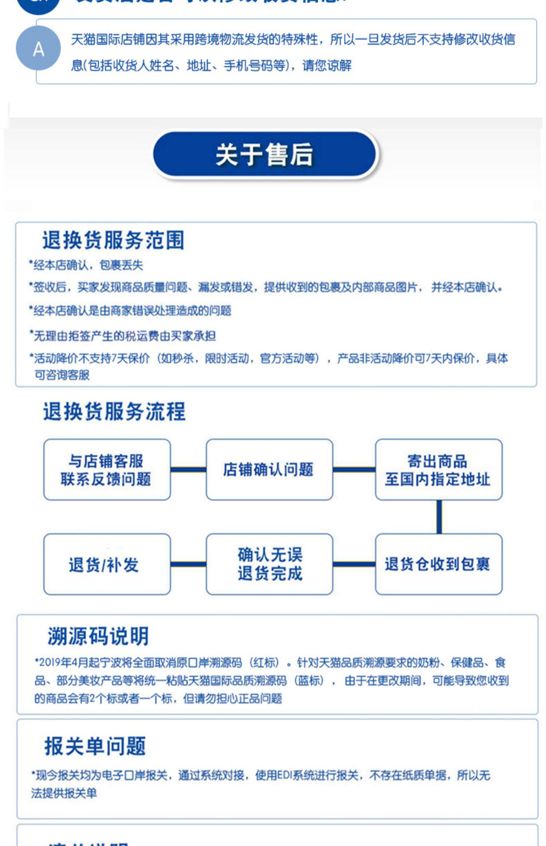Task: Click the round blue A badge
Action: (x=38, y=48)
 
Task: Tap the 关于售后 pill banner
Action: (x=265, y=155)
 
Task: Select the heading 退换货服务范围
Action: (x=113, y=240)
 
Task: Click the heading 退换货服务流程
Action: (x=114, y=412)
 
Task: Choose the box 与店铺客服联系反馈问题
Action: (x=107, y=470)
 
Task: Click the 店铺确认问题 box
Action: (x=269, y=470)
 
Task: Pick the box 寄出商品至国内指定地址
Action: (x=438, y=470)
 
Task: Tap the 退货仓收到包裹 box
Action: (x=438, y=564)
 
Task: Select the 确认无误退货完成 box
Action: (x=269, y=564)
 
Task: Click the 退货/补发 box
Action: (x=107, y=564)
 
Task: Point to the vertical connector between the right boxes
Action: (x=439, y=517)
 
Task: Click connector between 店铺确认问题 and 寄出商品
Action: (x=354, y=469)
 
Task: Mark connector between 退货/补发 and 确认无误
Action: (x=188, y=564)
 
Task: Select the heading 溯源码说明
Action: (x=98, y=637)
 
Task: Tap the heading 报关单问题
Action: (x=95, y=746)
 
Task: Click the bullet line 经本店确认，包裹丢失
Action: (x=86, y=265)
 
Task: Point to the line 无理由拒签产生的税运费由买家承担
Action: (x=123, y=336)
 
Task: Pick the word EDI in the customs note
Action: (x=285, y=775)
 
